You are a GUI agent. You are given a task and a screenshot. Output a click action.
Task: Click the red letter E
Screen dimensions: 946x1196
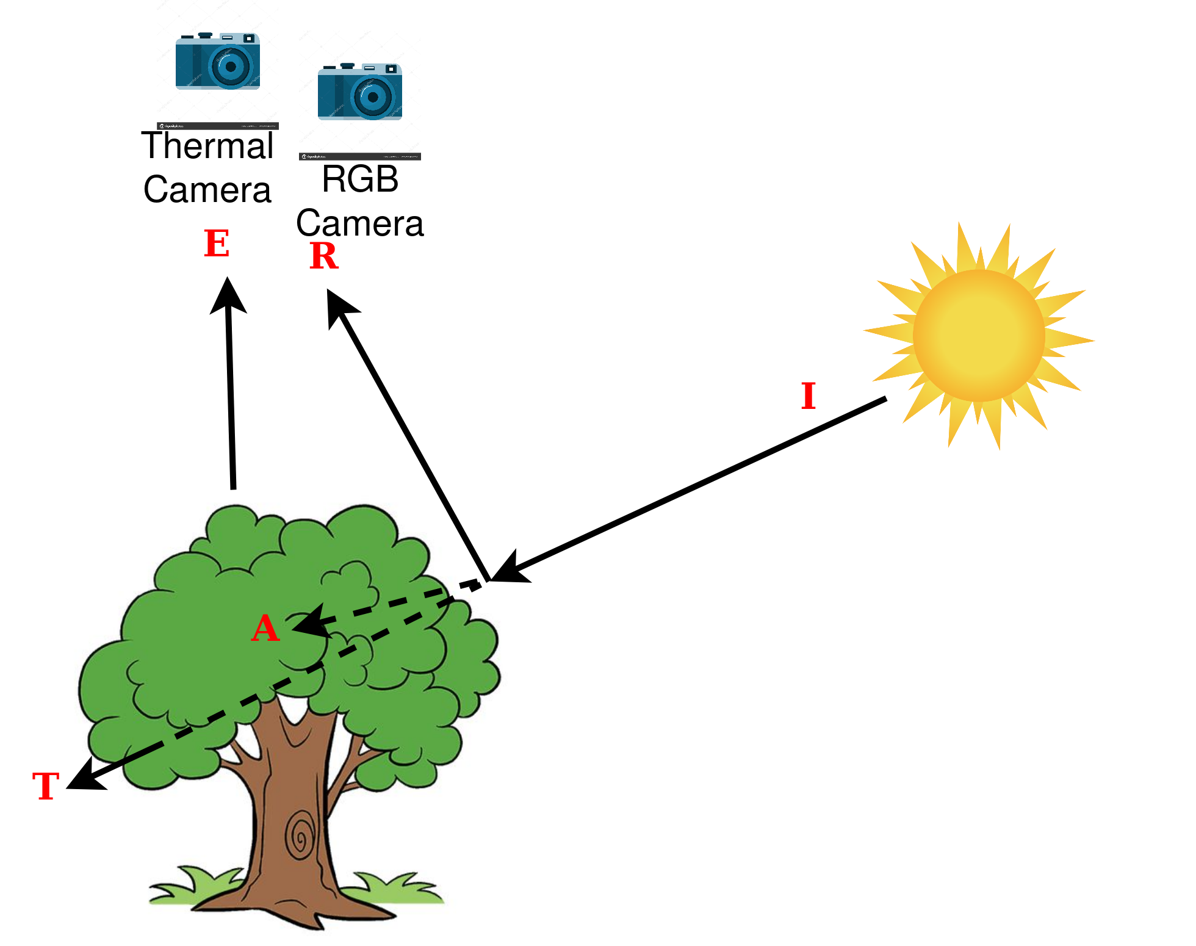217,244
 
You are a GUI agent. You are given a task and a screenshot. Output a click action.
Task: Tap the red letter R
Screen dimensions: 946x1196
323,256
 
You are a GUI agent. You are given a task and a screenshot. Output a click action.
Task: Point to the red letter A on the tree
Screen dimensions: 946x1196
265,628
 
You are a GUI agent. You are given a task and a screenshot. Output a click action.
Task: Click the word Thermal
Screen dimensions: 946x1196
207,146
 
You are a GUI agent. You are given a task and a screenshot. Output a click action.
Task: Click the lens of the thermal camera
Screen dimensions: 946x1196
231,66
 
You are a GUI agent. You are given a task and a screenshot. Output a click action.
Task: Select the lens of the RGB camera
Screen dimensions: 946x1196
373,96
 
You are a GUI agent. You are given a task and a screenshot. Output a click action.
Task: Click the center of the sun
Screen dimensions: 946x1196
979,336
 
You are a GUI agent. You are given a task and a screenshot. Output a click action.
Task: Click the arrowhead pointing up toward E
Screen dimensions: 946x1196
228,295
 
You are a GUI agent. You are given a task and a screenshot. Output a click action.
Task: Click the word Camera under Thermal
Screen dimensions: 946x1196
207,190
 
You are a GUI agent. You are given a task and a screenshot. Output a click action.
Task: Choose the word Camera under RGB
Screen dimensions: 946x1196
360,223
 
